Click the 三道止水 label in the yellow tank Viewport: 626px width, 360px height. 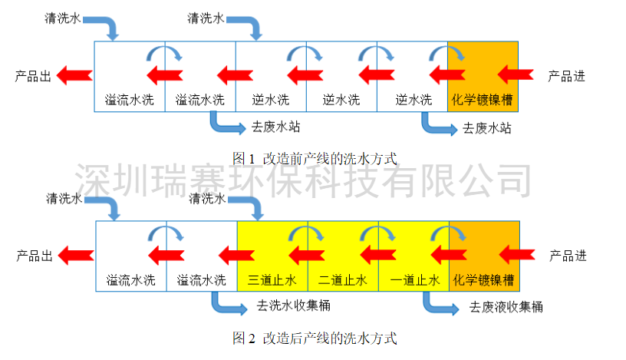point(272,280)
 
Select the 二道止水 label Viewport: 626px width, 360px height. point(343,280)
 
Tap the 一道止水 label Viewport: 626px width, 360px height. point(413,280)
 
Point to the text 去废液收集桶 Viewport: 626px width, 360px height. point(506,308)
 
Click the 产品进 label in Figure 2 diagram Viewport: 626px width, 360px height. point(568,256)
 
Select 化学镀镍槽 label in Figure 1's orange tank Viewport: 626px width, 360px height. point(483,100)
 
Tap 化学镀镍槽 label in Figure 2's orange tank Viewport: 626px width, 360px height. point(484,280)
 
